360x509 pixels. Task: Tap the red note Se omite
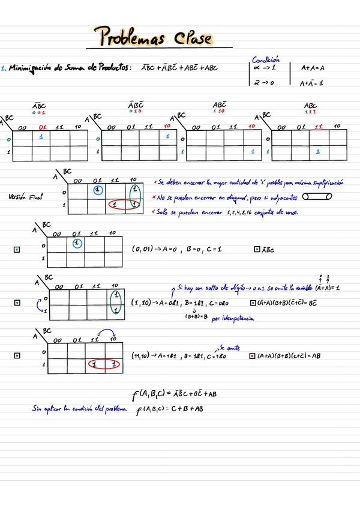pyautogui.click(x=229, y=347)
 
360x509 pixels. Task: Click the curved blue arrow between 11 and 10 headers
pyautogui.click(x=106, y=333)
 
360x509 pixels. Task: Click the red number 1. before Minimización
pyautogui.click(x=4, y=68)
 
